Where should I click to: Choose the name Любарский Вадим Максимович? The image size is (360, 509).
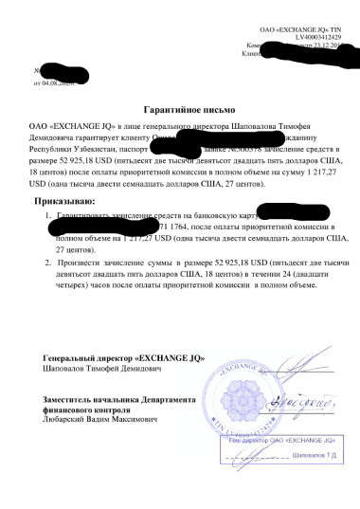click(x=102, y=418)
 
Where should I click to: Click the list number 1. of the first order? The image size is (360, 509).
click(x=48, y=217)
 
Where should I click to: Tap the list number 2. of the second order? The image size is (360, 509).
click(x=48, y=259)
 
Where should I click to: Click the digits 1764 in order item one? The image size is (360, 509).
click(x=178, y=227)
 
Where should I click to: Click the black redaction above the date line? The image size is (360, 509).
click(x=66, y=70)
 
